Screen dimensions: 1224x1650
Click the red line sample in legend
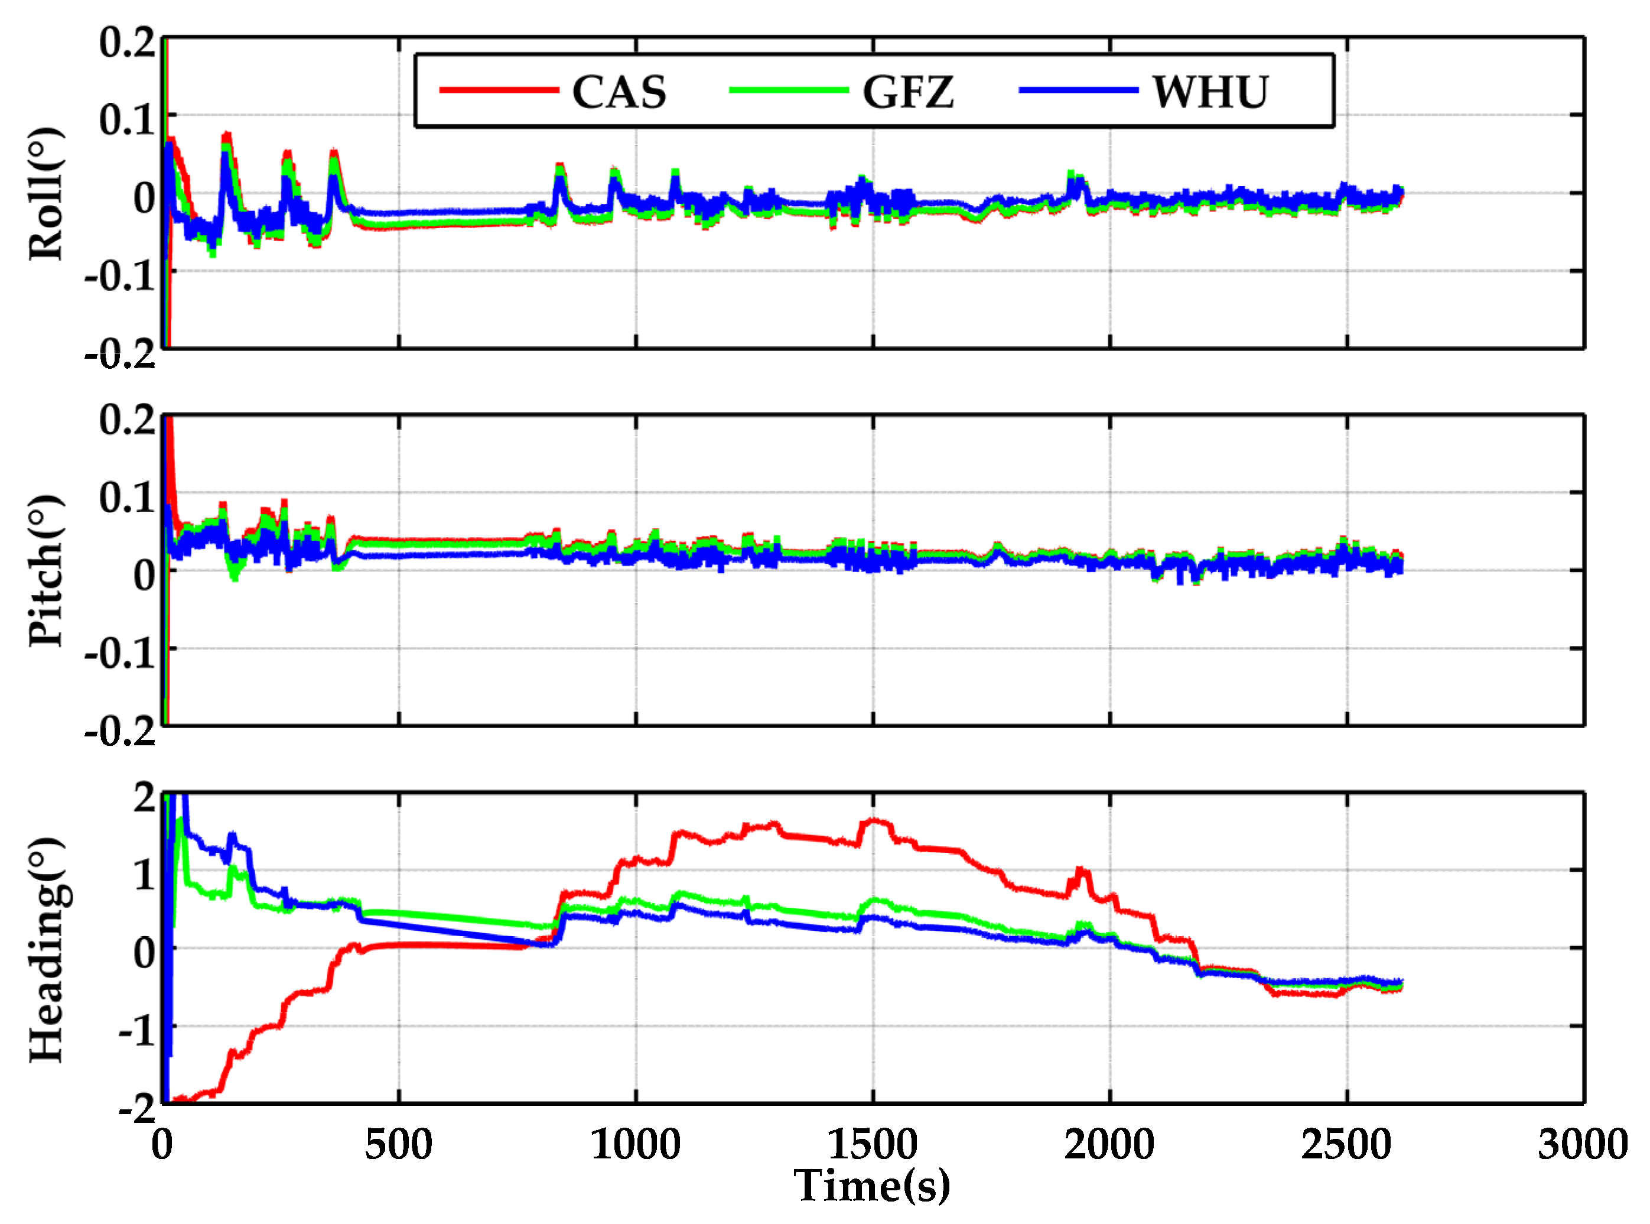click(x=499, y=90)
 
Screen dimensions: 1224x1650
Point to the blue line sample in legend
click(x=1078, y=90)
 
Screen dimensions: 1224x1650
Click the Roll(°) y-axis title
click(x=46, y=194)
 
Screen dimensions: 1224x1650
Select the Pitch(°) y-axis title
click(x=46, y=570)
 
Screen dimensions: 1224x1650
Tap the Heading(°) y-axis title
click(x=46, y=950)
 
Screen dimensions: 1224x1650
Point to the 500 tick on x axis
click(x=398, y=1145)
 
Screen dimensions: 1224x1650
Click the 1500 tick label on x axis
click(x=873, y=1145)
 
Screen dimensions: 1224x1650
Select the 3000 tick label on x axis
click(x=1583, y=1145)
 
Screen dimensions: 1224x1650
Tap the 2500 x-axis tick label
click(x=1346, y=1145)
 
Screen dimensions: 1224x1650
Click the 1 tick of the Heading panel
click(x=144, y=875)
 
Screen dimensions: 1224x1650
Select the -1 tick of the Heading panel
click(x=137, y=1031)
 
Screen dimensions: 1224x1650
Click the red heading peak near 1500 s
click(x=876, y=821)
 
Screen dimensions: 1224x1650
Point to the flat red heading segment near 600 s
click(x=444, y=944)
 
